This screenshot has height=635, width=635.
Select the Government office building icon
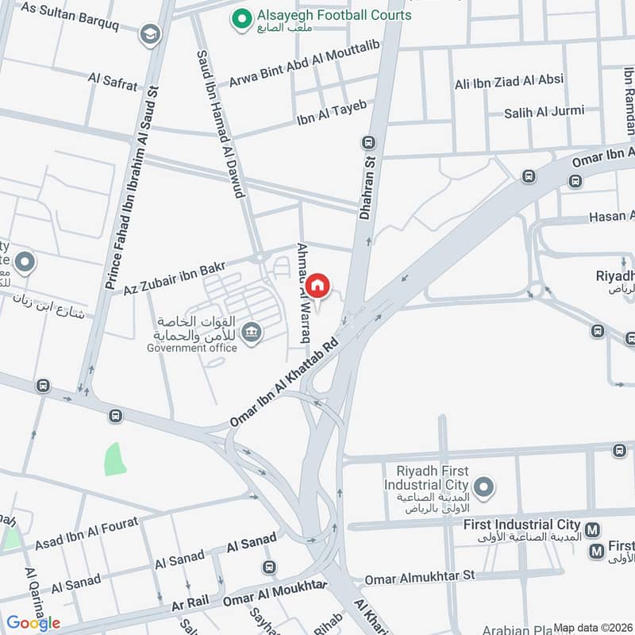coord(252,332)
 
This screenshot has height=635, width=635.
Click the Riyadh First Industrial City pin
coord(483,486)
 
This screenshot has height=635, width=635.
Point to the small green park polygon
coord(115,459)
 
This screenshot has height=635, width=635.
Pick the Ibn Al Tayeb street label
coord(331,113)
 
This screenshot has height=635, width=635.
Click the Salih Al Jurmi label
coord(544,113)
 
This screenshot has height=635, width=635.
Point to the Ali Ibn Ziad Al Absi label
coord(508,81)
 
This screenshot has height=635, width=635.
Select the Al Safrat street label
coord(113,82)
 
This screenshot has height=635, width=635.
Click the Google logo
coord(33,623)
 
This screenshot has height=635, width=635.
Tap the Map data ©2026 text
coord(592,628)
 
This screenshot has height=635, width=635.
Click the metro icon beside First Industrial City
coord(591,530)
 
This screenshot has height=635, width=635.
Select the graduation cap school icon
coord(149,34)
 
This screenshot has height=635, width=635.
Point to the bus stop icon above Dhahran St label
coord(368,143)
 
